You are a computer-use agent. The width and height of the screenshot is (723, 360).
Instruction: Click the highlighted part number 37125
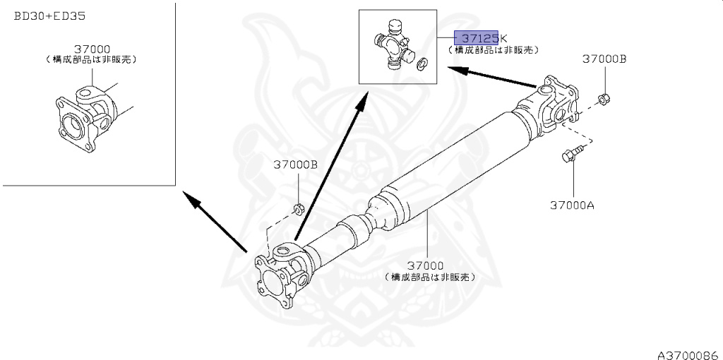[x=477, y=38]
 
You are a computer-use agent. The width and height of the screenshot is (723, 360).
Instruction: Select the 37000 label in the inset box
[x=91, y=49]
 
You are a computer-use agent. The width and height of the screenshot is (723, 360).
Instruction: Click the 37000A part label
[x=573, y=205]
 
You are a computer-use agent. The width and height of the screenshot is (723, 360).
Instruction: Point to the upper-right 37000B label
[x=604, y=60]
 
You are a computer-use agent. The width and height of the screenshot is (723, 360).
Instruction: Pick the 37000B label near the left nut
[x=295, y=164]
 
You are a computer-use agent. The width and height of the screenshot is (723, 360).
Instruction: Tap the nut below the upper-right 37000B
[x=604, y=99]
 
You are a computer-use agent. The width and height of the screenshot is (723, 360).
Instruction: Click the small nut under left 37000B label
[x=298, y=208]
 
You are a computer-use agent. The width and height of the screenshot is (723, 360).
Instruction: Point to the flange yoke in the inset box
[x=79, y=116]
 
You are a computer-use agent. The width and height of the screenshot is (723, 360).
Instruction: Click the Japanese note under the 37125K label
[x=494, y=50]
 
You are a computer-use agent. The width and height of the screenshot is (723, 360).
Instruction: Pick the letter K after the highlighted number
[x=503, y=38]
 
